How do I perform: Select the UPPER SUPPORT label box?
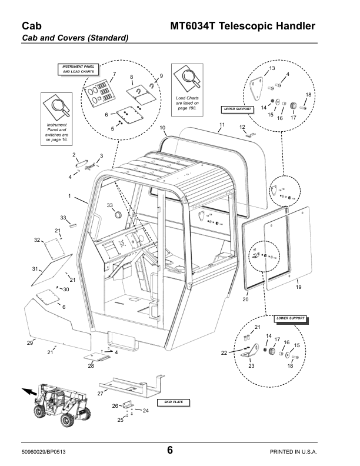coord(237,109)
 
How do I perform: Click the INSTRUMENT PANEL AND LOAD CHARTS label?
coord(78,69)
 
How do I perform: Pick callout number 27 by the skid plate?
coord(101,392)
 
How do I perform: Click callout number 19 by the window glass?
coord(298,287)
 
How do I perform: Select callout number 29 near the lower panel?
coord(30,342)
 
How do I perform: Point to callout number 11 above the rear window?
coord(222,124)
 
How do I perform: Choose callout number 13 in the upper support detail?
coord(272,69)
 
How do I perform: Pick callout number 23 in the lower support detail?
coord(251,366)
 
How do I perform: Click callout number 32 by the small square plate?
coord(36,240)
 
